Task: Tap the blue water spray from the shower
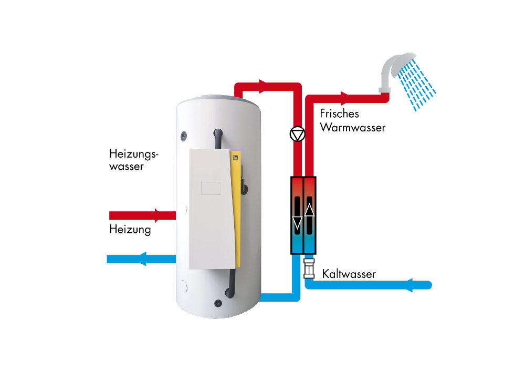tap(418, 84)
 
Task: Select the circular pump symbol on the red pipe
tap(297, 135)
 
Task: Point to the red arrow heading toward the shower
tap(345, 98)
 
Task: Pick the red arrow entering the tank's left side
tap(157, 215)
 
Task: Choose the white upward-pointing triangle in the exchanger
tap(310, 210)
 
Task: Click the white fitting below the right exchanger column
tap(309, 267)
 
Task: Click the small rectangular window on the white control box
tap(211, 188)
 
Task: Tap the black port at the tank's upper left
tap(183, 136)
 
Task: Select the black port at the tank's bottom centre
tap(217, 303)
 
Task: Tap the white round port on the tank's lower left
tap(184, 287)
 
